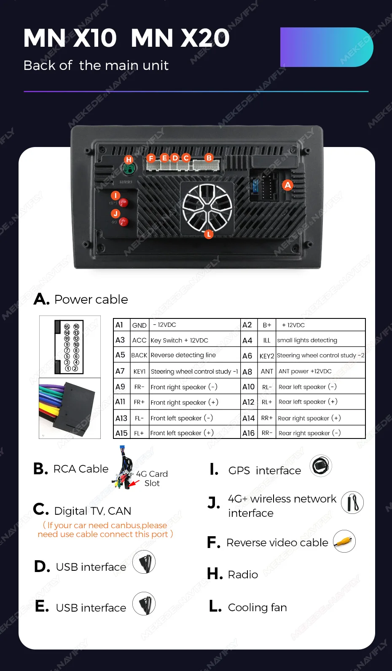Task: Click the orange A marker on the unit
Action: (287, 185)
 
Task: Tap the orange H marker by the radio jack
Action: (129, 160)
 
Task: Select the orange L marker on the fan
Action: (209, 234)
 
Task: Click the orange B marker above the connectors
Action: (209, 158)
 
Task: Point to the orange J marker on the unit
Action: (115, 214)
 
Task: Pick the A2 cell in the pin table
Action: (247, 325)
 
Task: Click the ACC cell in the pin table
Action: (139, 340)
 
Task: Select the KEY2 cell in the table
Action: (267, 356)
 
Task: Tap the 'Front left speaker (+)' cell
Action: (182, 433)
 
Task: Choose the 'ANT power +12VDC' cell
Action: (305, 371)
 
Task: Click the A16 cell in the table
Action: (248, 433)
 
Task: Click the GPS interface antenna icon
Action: (321, 466)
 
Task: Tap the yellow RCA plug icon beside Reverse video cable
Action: (344, 542)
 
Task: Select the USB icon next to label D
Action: (144, 562)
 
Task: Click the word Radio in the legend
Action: (243, 575)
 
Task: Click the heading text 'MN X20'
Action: (180, 38)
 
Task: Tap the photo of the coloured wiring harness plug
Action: (70, 408)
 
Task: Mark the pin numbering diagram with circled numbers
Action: (70, 347)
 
